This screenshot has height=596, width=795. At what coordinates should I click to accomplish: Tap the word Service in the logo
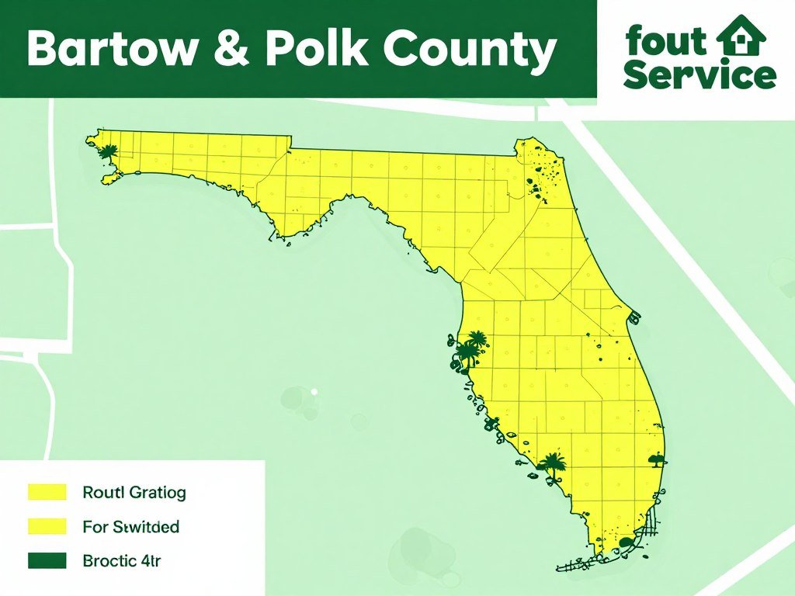(x=699, y=76)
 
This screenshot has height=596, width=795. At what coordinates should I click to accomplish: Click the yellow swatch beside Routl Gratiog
(x=47, y=492)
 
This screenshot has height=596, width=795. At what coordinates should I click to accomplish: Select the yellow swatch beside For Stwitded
(x=47, y=527)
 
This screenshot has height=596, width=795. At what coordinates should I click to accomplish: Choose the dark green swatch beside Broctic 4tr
(x=47, y=560)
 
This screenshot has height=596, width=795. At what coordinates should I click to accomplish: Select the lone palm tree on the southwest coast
(x=552, y=465)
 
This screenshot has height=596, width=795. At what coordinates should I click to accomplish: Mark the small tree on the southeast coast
(x=657, y=459)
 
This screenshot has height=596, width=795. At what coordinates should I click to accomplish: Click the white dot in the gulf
(x=314, y=392)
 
